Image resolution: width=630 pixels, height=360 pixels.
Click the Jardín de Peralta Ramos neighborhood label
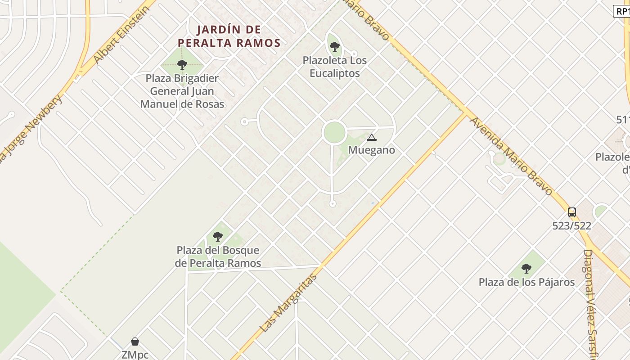[229, 36]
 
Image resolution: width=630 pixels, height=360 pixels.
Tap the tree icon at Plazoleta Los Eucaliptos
[334, 46]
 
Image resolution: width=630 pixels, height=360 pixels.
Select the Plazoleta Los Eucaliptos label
[334, 67]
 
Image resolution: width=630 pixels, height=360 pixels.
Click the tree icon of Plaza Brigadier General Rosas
[182, 65]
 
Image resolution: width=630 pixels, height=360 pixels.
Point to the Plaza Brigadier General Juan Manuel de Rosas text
[182, 91]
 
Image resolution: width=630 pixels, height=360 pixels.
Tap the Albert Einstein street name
[121, 35]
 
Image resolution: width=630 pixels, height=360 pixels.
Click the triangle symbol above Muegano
[371, 137]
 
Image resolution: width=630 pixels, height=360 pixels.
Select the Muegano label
[371, 150]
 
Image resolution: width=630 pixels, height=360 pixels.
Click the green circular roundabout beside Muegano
[334, 132]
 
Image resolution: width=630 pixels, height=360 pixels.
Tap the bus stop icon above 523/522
[571, 212]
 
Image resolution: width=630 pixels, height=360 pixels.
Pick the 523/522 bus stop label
[571, 226]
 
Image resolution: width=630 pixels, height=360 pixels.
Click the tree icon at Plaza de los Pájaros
[526, 269]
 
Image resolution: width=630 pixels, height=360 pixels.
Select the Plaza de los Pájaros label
[526, 282]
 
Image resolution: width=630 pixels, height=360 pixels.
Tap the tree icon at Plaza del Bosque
[218, 236]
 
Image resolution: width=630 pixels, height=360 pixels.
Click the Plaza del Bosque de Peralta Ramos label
[218, 256]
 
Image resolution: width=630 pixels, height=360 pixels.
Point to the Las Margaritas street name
[288, 303]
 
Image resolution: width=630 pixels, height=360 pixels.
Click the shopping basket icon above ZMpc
[135, 342]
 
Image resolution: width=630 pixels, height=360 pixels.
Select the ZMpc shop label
[135, 355]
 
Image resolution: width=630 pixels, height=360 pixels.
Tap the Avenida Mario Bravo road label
[511, 156]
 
